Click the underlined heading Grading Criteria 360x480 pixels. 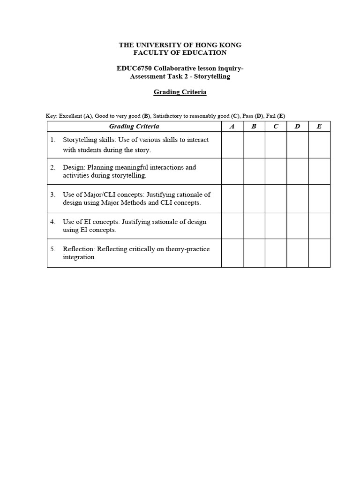point(180,92)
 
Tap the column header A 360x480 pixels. point(232,126)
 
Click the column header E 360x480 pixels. point(319,126)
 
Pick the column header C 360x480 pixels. point(276,126)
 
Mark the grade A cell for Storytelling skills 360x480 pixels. point(232,145)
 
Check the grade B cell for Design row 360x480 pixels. point(254,171)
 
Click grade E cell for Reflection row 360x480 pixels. point(319,254)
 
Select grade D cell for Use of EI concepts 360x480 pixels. point(298,226)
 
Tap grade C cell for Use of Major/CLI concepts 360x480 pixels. point(276,199)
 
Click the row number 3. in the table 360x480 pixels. point(53,195)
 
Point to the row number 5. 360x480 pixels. point(53,249)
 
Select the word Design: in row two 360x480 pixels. point(74,167)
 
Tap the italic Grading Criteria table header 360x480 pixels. point(134,126)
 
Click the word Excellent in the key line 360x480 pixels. point(70,116)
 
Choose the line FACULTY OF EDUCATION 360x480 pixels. point(180,52)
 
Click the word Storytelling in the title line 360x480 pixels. point(213,76)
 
